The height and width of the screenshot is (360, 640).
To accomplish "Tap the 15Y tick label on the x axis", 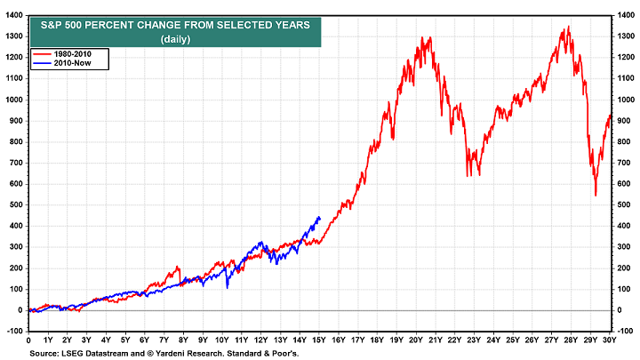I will pyautogui.click(x=319, y=340).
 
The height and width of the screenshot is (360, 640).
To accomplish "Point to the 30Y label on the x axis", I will pyautogui.click(x=610, y=340).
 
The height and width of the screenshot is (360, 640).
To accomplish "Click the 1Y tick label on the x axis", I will pyautogui.click(x=48, y=340).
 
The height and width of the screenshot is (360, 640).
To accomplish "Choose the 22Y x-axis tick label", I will pyautogui.click(x=455, y=340).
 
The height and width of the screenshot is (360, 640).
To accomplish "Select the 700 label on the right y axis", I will pyautogui.click(x=627, y=163).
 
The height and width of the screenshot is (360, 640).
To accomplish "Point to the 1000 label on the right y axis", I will pyautogui.click(x=627, y=100).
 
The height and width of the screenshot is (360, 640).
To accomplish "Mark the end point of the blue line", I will pyautogui.click(x=320, y=217).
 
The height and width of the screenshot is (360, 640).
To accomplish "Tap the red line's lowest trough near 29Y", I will pyautogui.click(x=596, y=195).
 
